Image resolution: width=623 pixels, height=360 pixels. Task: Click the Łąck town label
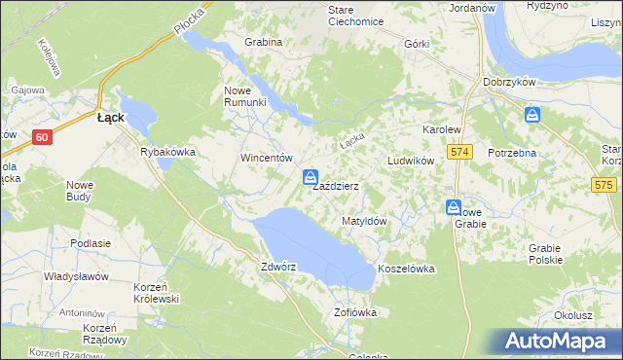109,117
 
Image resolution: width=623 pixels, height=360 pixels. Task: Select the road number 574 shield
460,153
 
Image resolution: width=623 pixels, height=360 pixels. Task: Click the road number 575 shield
605,185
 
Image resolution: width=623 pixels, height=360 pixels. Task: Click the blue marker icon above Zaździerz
310,177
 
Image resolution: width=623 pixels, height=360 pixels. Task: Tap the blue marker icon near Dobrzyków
532,116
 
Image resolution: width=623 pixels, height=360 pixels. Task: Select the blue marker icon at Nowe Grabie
454,207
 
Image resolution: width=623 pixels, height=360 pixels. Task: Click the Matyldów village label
365,222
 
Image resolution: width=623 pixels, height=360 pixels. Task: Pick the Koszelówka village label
405,268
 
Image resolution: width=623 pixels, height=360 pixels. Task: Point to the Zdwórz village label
278,266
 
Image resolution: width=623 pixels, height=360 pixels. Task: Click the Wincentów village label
267,158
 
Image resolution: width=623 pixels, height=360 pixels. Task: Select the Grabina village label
263,43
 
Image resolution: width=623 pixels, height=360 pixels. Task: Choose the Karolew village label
440,129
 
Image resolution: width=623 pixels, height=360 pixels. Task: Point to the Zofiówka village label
354,312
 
